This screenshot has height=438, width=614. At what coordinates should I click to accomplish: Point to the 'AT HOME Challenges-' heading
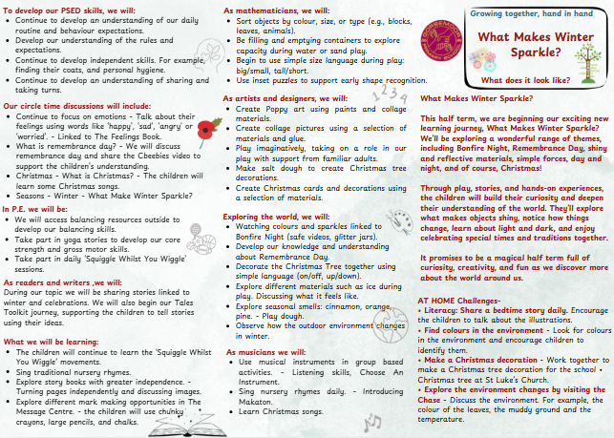pyautogui.click(x=461, y=326)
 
